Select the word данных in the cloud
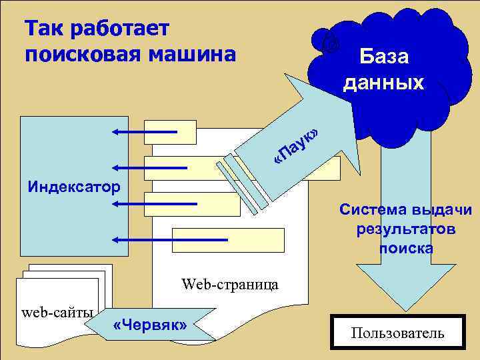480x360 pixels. point(383,82)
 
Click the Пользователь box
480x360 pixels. point(398,333)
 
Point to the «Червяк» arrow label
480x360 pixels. point(151,325)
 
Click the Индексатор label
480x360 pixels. point(74,185)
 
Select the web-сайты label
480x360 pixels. point(57,311)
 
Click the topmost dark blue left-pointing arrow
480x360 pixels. point(144,132)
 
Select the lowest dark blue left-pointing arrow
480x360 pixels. point(170,239)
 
